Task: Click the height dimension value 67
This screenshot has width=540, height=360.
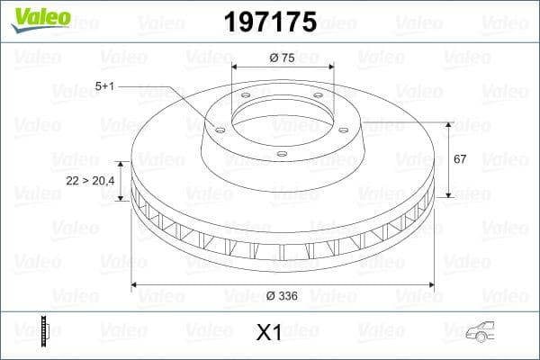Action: (460, 159)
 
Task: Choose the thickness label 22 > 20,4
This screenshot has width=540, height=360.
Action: (91, 181)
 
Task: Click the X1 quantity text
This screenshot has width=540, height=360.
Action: (270, 333)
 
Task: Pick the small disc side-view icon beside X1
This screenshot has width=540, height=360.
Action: (44, 332)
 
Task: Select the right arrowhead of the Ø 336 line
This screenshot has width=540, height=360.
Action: (431, 284)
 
